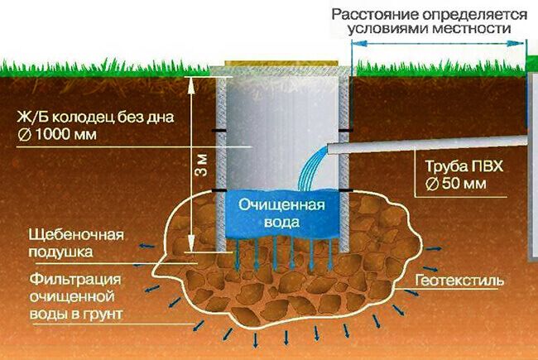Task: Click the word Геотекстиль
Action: [x=459, y=281]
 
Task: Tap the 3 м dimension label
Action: [x=202, y=165]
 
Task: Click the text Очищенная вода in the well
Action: [x=282, y=214]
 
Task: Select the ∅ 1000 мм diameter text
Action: [x=57, y=134]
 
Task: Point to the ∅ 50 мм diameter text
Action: [x=456, y=184]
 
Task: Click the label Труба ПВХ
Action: [x=464, y=166]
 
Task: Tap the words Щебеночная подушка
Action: [x=76, y=243]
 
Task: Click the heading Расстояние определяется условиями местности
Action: [x=430, y=22]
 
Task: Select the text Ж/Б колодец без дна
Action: [x=95, y=117]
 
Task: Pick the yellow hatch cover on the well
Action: [x=281, y=63]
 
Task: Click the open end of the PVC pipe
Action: [x=329, y=149]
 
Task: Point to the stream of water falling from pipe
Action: [x=310, y=169]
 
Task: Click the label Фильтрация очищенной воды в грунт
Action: [x=76, y=296]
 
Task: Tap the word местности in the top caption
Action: [x=472, y=28]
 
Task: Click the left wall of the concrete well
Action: [x=221, y=164]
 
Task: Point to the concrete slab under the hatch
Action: [x=281, y=71]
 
